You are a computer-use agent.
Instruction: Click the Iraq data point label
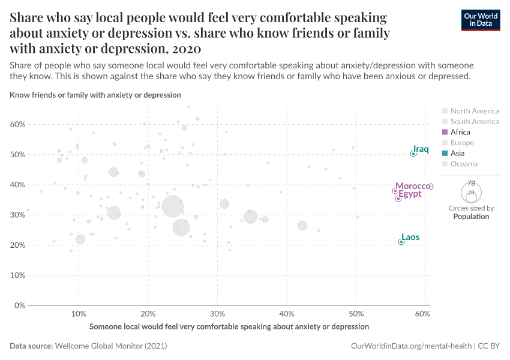click(x=421, y=149)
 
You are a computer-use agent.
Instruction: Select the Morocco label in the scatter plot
click(x=413, y=187)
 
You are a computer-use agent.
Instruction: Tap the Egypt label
click(x=410, y=194)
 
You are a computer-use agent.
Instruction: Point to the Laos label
click(x=410, y=237)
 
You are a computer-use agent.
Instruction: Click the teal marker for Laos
click(x=401, y=242)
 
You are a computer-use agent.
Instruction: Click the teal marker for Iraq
click(x=413, y=154)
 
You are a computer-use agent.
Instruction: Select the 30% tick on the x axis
click(x=217, y=314)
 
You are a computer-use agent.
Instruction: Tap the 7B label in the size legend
click(x=471, y=183)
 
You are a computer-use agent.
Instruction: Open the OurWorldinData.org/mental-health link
click(x=411, y=346)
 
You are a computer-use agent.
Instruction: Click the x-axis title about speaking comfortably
click(x=229, y=326)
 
